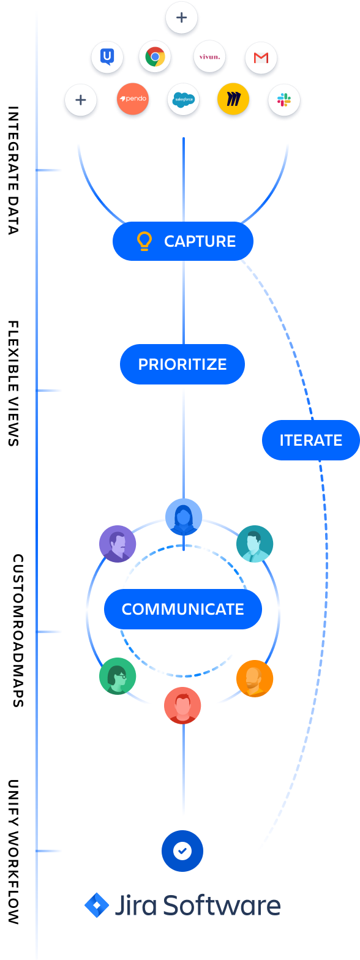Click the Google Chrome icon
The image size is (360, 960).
point(155,58)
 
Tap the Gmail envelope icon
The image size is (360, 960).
point(261,58)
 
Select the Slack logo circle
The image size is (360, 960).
point(284,100)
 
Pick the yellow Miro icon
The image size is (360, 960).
point(233,100)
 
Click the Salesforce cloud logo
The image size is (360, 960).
point(182,100)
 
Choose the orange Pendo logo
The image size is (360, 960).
point(132,99)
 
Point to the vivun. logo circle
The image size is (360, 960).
point(209,58)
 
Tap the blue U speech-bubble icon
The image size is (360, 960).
point(107,58)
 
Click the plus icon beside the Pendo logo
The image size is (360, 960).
point(81,100)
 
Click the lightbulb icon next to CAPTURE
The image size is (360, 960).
point(144,241)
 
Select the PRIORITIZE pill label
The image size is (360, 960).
point(182,364)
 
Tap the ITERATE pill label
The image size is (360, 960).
point(310,440)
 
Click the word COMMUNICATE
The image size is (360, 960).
point(182,609)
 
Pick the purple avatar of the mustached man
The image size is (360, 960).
point(117,544)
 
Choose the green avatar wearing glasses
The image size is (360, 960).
point(117,676)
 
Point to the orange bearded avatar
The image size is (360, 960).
point(254,678)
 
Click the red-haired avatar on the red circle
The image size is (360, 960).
point(182,705)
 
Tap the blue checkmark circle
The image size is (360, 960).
point(182,850)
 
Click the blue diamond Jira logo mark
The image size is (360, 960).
point(96,906)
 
